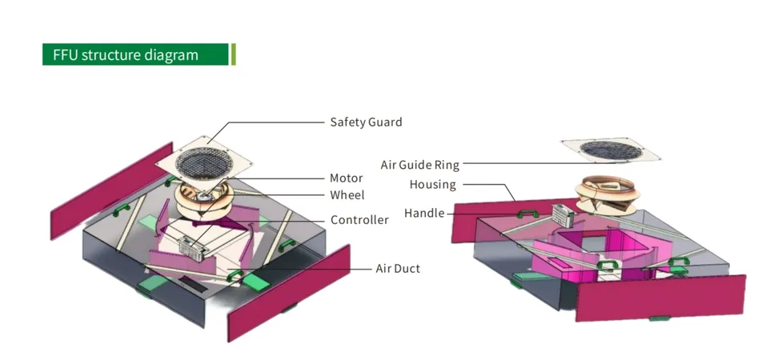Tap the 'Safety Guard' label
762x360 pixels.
click(x=366, y=122)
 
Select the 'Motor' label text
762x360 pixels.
click(x=347, y=178)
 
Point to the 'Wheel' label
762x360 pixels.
click(x=347, y=195)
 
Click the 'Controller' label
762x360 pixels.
click(x=359, y=220)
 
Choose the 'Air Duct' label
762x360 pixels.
click(x=398, y=268)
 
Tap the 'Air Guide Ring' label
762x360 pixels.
click(x=419, y=166)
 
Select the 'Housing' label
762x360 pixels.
click(x=432, y=185)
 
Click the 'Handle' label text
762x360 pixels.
click(x=423, y=214)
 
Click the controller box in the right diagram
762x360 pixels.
click(x=563, y=214)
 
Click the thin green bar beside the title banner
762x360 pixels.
click(x=233, y=55)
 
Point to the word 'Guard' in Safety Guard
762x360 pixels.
click(x=384, y=122)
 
